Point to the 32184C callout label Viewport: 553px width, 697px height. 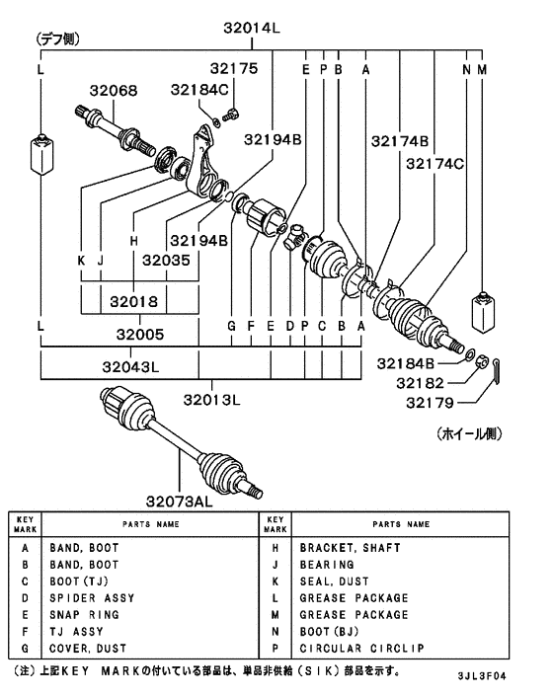tap(199, 91)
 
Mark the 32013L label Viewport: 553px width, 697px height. tap(213, 400)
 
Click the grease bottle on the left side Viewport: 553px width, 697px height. tap(40, 153)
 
